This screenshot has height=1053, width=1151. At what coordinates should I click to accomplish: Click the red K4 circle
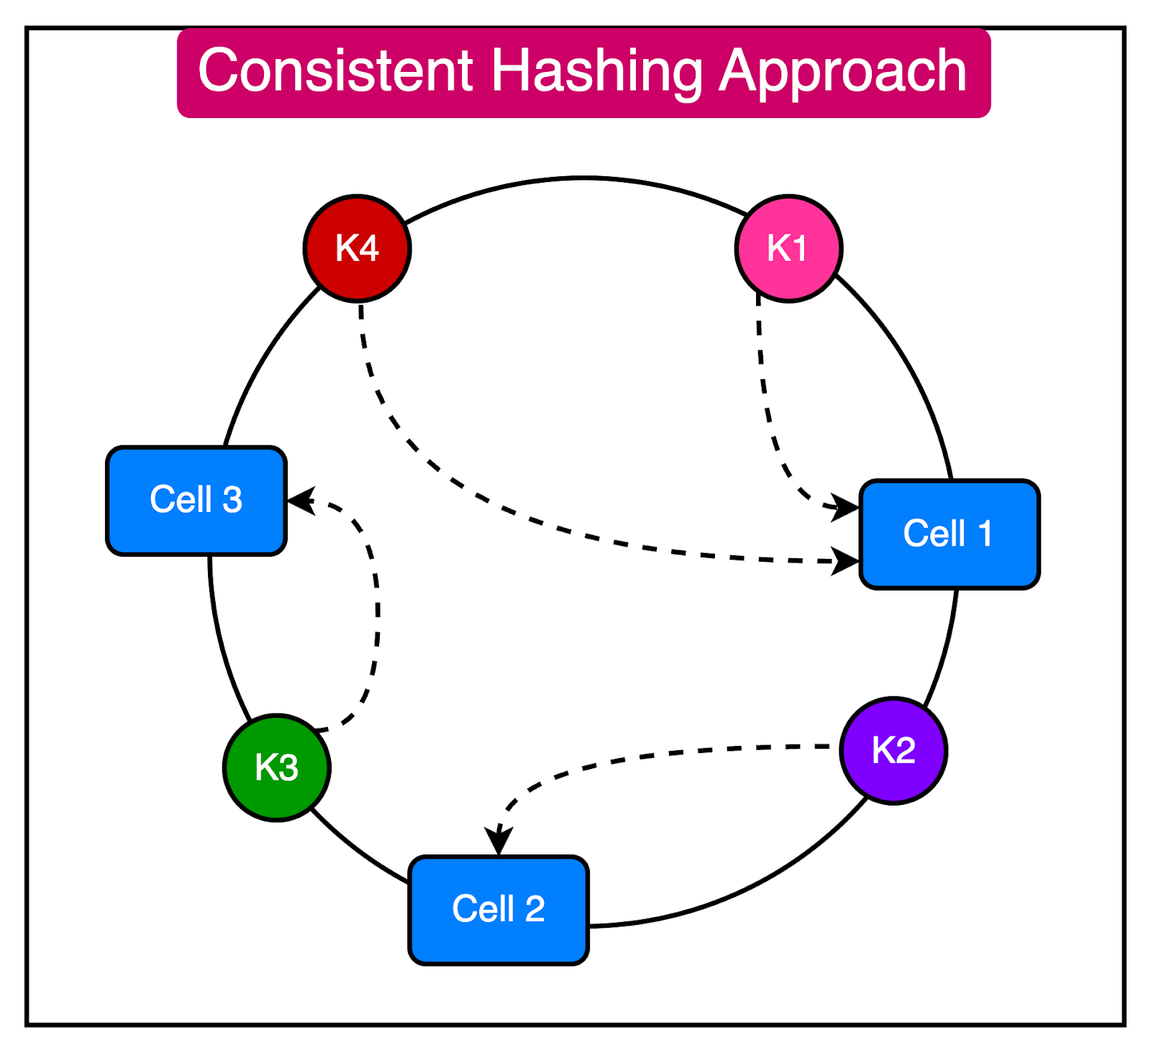pos(357,248)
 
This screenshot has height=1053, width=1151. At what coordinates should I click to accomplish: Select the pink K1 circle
pos(788,248)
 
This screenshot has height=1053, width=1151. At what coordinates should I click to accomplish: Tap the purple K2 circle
pos(893,750)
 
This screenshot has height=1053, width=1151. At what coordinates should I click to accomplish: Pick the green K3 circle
pos(277,767)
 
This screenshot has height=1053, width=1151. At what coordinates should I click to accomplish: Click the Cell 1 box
pos(950,534)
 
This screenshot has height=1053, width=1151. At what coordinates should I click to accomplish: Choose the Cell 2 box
pos(499,910)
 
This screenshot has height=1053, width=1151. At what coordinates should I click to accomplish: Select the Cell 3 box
pos(196,501)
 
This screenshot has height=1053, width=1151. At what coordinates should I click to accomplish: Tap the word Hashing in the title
pos(596,72)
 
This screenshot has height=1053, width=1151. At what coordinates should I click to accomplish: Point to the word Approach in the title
pos(842,72)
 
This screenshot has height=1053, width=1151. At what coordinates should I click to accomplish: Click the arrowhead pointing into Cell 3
pos(301,501)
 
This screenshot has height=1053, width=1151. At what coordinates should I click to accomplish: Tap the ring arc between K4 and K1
pos(575,178)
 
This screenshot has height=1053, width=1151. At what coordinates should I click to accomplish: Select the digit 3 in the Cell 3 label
pos(232,501)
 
